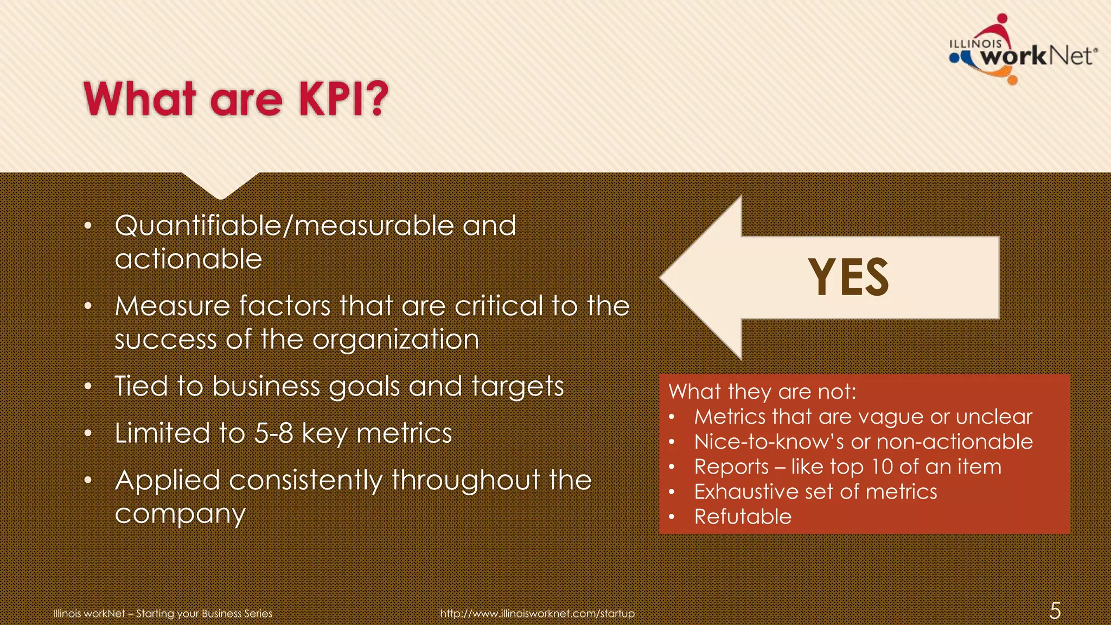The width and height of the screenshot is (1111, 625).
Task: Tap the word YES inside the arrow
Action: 848,277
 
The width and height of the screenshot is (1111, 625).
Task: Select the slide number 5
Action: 1055,611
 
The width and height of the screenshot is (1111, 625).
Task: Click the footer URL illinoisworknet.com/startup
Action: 537,614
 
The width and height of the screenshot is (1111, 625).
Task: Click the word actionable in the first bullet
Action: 188,259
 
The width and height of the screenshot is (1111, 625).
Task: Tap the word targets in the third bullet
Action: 518,387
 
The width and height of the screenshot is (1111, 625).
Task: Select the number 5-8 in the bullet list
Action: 274,433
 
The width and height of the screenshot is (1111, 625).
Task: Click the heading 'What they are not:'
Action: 762,392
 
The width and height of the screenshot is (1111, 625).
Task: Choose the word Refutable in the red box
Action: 743,516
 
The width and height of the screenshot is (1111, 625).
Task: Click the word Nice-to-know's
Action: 769,442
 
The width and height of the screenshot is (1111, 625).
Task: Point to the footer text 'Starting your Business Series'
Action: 204,614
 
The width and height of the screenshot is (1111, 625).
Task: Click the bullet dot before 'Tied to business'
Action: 88,387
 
